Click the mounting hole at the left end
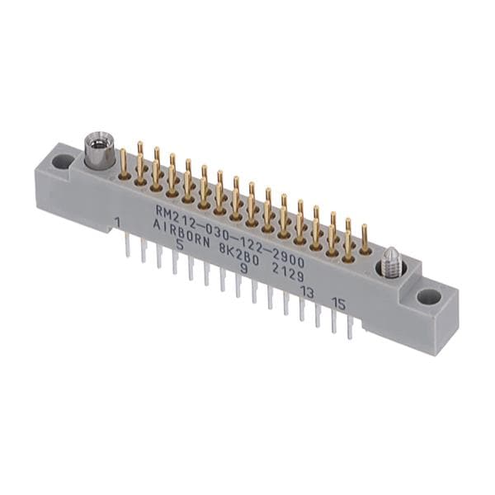click(x=62, y=162)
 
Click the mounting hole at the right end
click(x=428, y=297)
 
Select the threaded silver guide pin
click(x=391, y=259)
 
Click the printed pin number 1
click(x=118, y=223)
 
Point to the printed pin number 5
click(x=180, y=245)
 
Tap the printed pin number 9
click(x=243, y=269)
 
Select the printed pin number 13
click(x=307, y=292)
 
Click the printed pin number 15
click(x=338, y=304)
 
